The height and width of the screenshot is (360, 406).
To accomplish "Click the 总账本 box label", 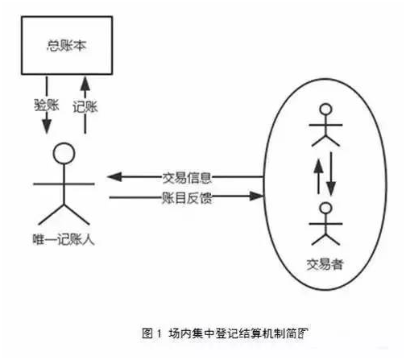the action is pos(67,45).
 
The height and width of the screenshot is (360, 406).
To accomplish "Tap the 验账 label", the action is pos(47,105).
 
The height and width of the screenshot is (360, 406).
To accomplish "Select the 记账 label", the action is pos(85,107).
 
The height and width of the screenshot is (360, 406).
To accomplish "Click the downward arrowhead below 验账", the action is pos(47,126).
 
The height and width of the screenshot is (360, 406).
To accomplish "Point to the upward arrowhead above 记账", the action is pos(85,84).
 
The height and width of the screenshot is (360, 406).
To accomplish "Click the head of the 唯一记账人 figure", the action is pos(64,153).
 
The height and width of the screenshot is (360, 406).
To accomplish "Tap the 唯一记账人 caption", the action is pos(64,239).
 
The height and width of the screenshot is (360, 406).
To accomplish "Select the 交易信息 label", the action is pos(187,178).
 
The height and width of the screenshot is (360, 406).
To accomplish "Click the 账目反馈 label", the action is pos(187,198).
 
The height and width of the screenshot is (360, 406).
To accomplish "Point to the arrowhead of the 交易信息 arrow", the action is pos(114,177).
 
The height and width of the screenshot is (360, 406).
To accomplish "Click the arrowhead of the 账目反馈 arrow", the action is pos(256,197).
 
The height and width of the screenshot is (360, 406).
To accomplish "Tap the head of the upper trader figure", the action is pos(326,110).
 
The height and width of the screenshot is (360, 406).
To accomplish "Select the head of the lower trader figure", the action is pos(326,208).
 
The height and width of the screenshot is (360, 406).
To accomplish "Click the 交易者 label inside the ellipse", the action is pos(325,264).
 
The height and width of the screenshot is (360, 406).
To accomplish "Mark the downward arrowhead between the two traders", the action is pos(331,188).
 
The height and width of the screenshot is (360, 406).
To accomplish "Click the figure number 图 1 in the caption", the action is pos(151,333).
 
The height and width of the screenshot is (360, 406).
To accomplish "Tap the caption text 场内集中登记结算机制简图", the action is pos(238,333).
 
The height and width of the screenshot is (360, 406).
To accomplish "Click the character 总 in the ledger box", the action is pos(53,45).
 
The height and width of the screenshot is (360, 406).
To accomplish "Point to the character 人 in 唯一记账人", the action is pos(89,239).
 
